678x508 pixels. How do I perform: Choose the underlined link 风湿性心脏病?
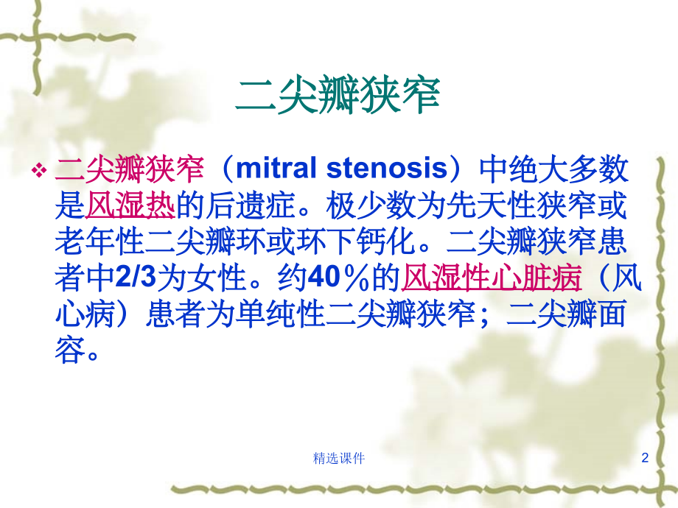coord(491,279)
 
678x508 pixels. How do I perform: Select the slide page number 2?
coord(645,458)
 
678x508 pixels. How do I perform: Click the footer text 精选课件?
coord(339,458)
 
